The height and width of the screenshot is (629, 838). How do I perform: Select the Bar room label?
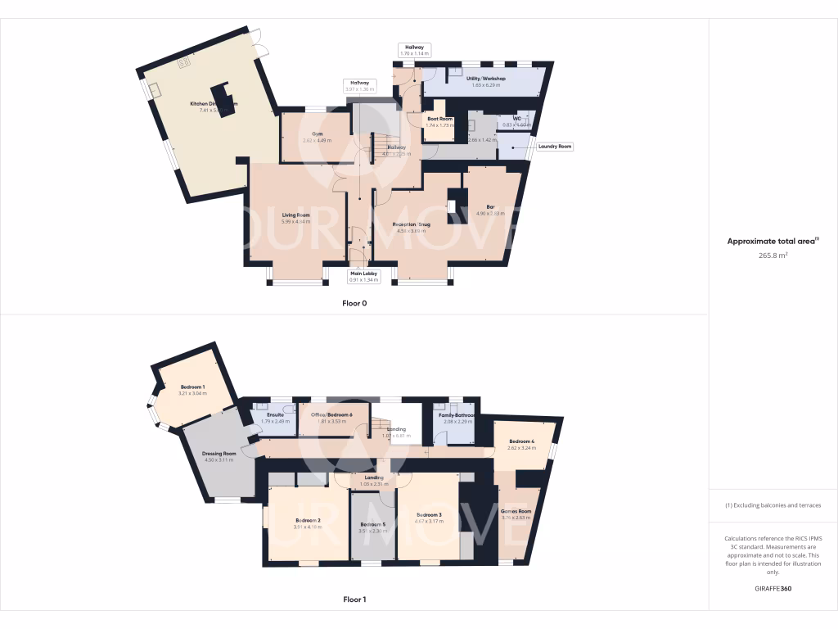(491, 206)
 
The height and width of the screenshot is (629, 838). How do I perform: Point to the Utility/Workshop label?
(486, 79)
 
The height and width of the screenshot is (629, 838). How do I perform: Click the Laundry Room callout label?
(555, 147)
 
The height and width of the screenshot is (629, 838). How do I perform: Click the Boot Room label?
(439, 119)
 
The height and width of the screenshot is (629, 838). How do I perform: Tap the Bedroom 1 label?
(193, 387)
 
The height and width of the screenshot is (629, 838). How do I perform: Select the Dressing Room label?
(219, 454)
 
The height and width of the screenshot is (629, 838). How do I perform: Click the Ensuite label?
(275, 414)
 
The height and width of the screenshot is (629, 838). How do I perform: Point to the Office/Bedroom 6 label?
(331, 414)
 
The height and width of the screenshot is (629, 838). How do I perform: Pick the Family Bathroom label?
(457, 415)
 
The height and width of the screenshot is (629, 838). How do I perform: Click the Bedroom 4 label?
(520, 442)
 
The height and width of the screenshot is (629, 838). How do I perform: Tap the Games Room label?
(516, 512)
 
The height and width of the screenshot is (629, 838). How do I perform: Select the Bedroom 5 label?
(372, 524)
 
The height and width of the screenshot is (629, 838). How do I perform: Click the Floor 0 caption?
(354, 303)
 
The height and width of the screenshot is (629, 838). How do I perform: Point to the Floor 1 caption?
(354, 600)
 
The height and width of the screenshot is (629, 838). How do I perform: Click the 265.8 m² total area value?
(773, 255)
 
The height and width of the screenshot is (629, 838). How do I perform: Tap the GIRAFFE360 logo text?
(773, 588)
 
